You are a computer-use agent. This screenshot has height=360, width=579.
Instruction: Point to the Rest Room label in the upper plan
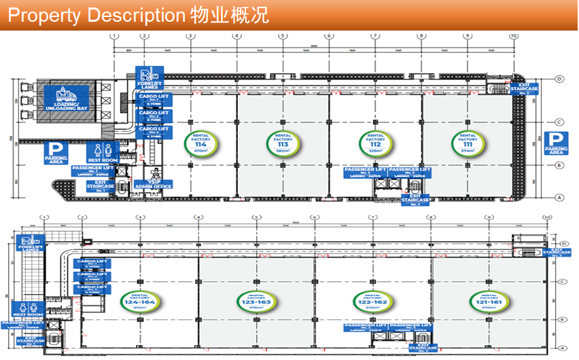pyautogui.click(x=103, y=153)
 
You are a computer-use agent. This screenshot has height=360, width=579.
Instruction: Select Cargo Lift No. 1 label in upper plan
pyautogui.click(x=154, y=99)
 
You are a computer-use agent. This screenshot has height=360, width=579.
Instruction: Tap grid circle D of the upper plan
pyautogui.click(x=560, y=79)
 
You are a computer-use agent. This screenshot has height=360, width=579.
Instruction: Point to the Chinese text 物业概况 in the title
pyautogui.click(x=230, y=14)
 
